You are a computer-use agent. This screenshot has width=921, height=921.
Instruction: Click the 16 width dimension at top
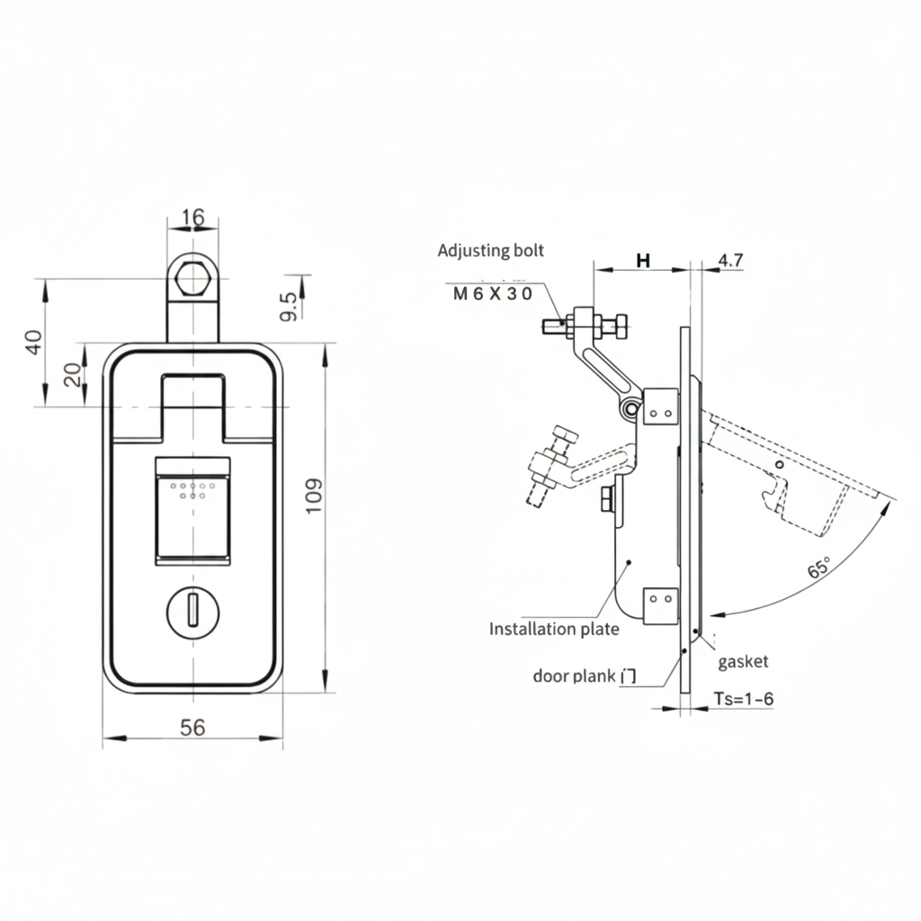[192, 218]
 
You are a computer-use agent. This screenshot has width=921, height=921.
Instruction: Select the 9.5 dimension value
[289, 308]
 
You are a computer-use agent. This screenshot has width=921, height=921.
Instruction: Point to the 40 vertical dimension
[33, 342]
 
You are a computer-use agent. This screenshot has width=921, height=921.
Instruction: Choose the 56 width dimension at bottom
[192, 728]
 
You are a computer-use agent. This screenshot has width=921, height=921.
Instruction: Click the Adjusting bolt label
[490, 251]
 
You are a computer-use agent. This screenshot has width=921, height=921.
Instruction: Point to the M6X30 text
[492, 294]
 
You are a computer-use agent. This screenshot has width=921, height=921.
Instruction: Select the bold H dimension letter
[642, 261]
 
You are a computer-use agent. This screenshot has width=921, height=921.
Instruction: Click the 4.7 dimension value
[730, 261]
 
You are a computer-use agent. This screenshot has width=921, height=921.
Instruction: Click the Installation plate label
[554, 629]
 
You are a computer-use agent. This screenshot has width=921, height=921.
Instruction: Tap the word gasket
[743, 662]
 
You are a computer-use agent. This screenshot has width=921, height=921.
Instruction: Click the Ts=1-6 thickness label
[743, 698]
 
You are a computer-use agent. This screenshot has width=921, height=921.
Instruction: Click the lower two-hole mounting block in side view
[661, 604]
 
